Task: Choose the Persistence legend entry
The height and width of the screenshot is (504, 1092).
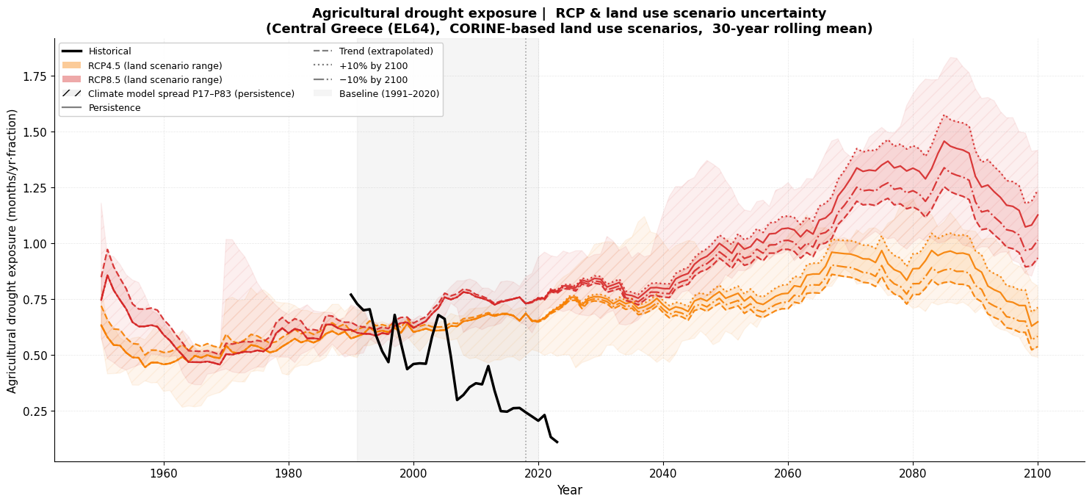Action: (x=114, y=108)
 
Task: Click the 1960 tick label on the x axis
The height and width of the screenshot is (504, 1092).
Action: (x=163, y=474)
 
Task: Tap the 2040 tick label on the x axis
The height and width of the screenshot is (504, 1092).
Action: (x=663, y=474)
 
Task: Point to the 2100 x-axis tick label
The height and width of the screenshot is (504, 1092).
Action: (x=1038, y=474)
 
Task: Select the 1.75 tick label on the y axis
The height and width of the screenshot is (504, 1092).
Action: (x=36, y=76)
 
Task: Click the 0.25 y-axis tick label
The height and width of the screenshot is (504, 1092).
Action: (x=36, y=411)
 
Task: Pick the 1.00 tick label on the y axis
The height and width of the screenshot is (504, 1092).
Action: (x=36, y=244)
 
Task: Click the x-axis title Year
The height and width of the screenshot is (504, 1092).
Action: (x=569, y=490)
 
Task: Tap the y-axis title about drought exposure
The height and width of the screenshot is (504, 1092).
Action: (x=12, y=251)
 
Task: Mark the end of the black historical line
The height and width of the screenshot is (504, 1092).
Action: (x=557, y=442)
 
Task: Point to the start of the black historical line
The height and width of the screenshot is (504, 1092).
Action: (x=351, y=294)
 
